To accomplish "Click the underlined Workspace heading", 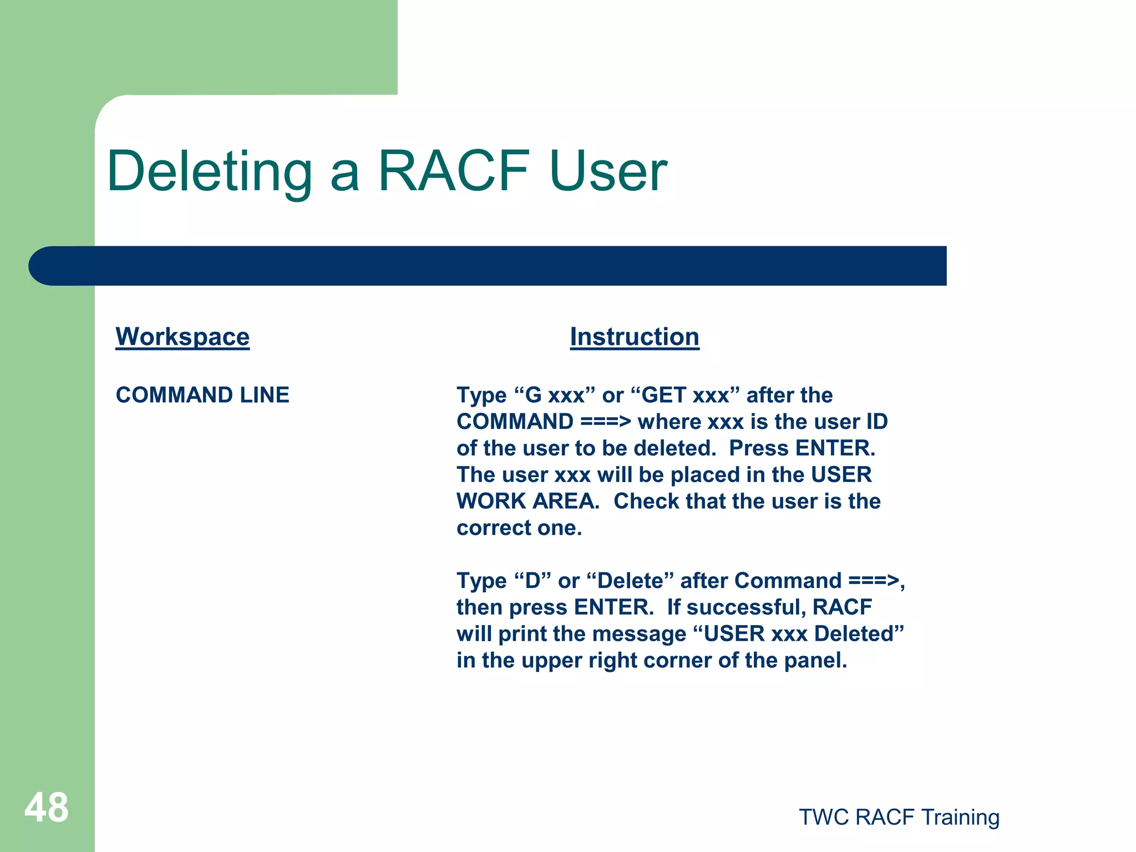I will (182, 337).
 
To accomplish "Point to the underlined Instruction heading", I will (635, 337).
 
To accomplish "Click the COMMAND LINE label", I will (202, 395).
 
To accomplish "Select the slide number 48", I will (47, 808).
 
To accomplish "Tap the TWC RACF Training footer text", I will (899, 817).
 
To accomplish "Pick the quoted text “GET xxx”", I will (686, 395).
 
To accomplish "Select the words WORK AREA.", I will (528, 501).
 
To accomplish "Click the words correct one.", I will (519, 528).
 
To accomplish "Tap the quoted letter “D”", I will (532, 581).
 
